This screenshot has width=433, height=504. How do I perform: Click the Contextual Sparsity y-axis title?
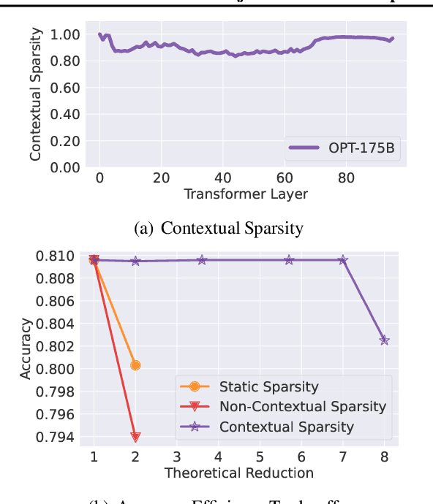(35, 95)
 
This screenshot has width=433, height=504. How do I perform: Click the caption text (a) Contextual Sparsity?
(219, 228)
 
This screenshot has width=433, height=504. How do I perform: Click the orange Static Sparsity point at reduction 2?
(135, 365)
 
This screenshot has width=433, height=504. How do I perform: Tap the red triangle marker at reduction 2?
(135, 438)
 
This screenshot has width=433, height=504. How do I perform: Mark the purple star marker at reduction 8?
(385, 340)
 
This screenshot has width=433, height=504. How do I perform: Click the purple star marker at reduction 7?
(343, 260)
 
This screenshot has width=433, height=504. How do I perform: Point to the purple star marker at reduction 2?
(135, 261)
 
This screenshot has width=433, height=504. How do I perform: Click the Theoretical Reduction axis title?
(238, 473)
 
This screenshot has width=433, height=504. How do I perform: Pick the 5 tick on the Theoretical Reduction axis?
(260, 456)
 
